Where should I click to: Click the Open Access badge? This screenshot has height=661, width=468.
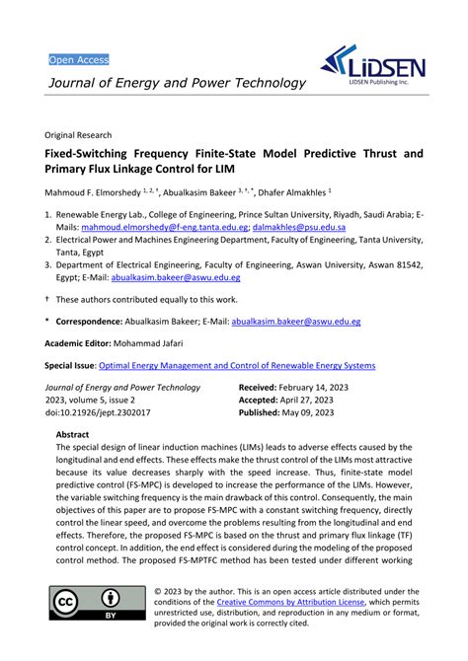point(79,59)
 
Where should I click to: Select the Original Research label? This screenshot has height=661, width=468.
point(78,133)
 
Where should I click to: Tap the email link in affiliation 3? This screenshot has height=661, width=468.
point(172,277)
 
